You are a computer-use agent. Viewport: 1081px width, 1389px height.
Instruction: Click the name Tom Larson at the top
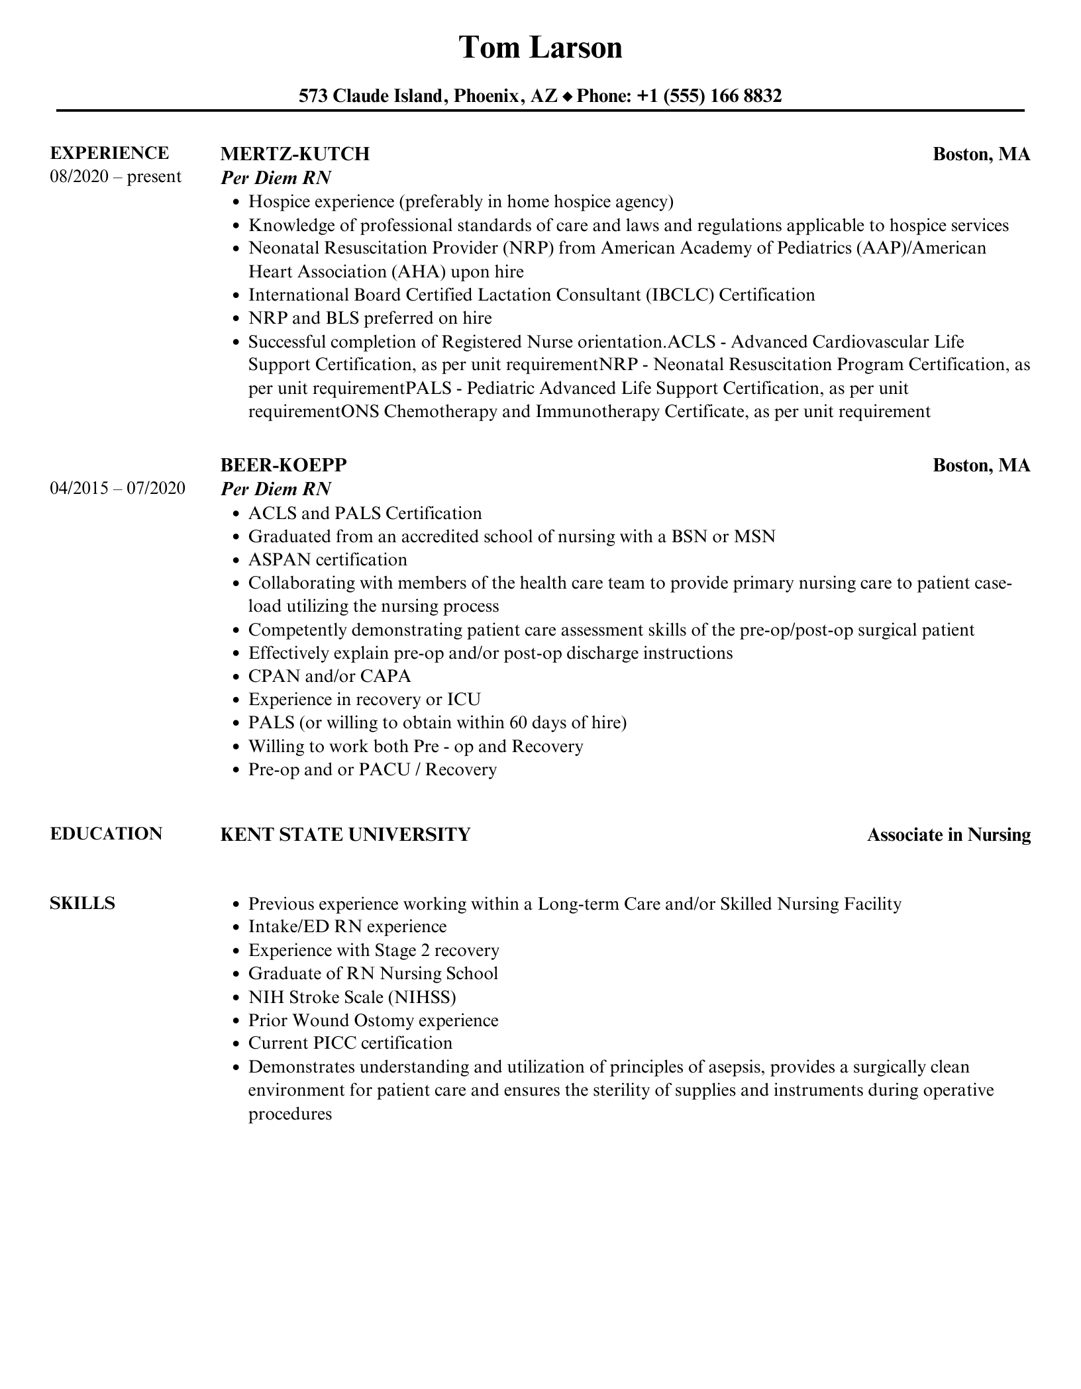pyautogui.click(x=540, y=48)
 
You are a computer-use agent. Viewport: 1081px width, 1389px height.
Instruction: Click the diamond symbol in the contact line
pyautogui.click(x=567, y=97)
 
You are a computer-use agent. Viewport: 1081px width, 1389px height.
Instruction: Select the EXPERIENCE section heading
pyautogui.click(x=109, y=153)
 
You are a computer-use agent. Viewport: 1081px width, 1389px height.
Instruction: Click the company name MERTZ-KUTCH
pyautogui.click(x=295, y=154)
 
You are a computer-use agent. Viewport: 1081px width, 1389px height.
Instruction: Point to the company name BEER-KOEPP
pyautogui.click(x=283, y=465)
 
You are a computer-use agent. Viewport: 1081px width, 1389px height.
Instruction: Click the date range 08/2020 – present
pyautogui.click(x=115, y=177)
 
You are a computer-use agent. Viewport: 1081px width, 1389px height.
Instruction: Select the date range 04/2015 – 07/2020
pyautogui.click(x=117, y=489)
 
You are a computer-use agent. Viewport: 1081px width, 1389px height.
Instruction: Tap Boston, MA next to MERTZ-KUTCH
pyautogui.click(x=981, y=154)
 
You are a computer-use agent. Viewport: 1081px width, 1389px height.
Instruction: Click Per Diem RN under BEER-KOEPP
pyautogui.click(x=276, y=489)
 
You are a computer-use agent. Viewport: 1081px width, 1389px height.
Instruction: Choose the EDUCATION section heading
pyautogui.click(x=106, y=834)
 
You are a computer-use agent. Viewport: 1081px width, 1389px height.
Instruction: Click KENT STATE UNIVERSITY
pyautogui.click(x=345, y=834)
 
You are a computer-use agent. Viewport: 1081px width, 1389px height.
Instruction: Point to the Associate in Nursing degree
pyautogui.click(x=949, y=835)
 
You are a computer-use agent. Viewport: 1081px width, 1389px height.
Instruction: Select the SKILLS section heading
pyautogui.click(x=82, y=903)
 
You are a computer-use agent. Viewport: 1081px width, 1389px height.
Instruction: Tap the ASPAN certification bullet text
pyautogui.click(x=327, y=559)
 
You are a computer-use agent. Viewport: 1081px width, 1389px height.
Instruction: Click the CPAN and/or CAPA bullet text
pyautogui.click(x=329, y=676)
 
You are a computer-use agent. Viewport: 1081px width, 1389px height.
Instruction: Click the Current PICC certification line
pyautogui.click(x=350, y=1043)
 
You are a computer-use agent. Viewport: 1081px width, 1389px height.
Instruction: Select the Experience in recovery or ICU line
pyautogui.click(x=364, y=699)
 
